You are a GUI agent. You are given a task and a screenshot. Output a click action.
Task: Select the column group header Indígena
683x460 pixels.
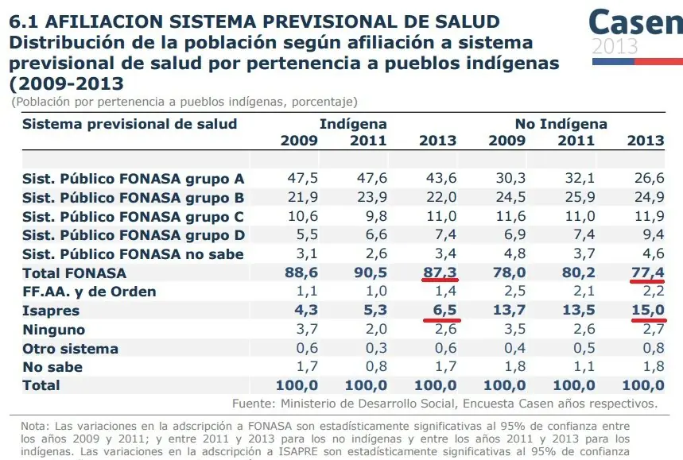[x=353, y=124]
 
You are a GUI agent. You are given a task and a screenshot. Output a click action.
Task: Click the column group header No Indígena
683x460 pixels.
[x=561, y=124]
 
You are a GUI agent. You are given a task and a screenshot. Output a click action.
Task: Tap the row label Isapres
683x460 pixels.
[x=50, y=311]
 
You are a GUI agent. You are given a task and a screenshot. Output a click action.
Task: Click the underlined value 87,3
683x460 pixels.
[x=440, y=273]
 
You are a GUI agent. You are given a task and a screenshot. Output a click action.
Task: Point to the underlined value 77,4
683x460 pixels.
[x=647, y=273]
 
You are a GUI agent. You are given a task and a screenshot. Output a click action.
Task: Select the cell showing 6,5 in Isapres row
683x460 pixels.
[x=443, y=311]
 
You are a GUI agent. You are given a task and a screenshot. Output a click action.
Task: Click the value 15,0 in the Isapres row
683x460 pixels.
[x=647, y=311]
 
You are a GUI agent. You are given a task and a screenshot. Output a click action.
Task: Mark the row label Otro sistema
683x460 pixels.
[x=70, y=349]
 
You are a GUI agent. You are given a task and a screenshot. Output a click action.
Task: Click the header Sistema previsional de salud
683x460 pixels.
[x=129, y=124]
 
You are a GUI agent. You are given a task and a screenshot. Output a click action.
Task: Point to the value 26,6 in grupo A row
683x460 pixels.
[x=647, y=178]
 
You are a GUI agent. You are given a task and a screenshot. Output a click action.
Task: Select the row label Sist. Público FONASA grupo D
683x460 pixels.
[x=133, y=235]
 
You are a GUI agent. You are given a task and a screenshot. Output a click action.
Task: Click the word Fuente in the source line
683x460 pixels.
[x=254, y=403]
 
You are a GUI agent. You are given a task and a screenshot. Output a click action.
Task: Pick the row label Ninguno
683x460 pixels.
[x=53, y=330]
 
